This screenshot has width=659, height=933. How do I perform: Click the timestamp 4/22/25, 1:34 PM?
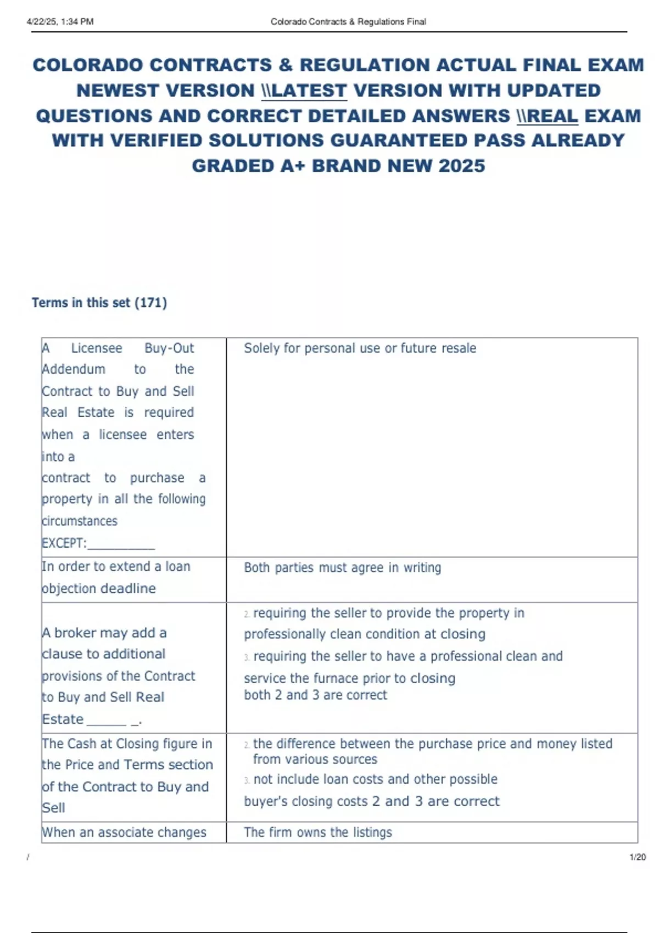click(60, 22)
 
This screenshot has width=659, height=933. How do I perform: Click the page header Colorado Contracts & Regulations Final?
click(348, 22)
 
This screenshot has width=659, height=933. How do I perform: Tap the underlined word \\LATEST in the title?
click(304, 91)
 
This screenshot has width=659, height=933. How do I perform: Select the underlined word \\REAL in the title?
click(547, 116)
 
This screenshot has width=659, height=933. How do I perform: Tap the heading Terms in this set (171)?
click(99, 303)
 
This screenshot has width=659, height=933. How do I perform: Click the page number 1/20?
click(637, 857)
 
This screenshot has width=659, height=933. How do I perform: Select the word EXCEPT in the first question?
click(63, 543)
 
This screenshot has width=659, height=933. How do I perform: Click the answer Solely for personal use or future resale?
click(360, 349)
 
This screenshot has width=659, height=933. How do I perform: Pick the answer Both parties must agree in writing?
click(342, 567)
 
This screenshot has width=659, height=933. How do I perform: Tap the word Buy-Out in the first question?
click(169, 349)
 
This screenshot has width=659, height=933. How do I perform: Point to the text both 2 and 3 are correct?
click(315, 695)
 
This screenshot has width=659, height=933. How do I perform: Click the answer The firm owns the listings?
click(318, 833)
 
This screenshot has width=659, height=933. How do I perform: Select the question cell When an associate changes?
click(124, 833)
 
